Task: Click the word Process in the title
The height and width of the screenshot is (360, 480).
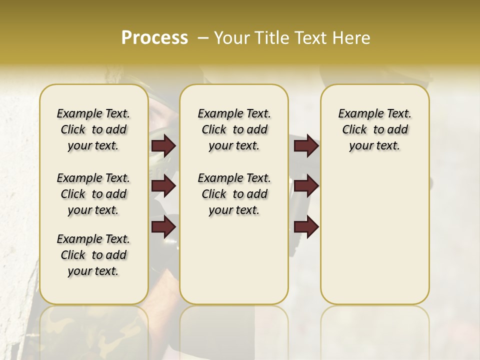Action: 154,38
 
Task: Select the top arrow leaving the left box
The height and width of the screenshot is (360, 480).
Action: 163,145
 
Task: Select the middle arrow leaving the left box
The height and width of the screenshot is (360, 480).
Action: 163,186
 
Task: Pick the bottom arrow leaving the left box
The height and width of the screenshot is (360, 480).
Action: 163,226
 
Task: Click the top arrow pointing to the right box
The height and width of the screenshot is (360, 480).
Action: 306,145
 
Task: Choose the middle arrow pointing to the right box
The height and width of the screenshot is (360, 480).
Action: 306,186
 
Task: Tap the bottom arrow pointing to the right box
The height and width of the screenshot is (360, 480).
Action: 306,226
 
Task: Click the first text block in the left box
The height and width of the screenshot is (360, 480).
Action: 93,129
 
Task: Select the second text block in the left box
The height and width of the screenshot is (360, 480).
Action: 93,194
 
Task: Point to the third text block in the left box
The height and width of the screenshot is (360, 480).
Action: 93,255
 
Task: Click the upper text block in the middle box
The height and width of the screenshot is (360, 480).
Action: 234,129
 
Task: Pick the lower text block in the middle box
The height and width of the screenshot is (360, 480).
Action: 234,194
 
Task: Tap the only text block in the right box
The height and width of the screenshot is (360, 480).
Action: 374,129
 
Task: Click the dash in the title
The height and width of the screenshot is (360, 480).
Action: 203,38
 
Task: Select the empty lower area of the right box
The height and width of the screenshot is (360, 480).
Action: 374,230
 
